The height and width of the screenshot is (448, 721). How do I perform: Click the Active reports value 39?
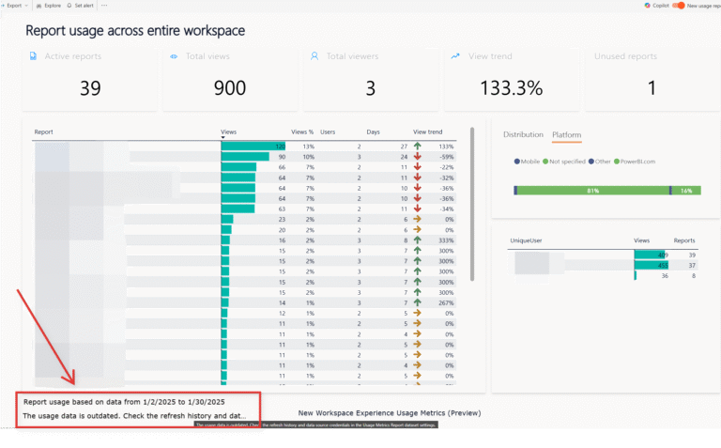coord(90,87)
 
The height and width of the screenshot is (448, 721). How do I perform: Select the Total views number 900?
coord(230,87)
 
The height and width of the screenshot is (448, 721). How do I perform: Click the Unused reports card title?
coord(625,56)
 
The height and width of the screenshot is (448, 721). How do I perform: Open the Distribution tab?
coord(523,134)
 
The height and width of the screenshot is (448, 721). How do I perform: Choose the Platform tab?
coord(566,134)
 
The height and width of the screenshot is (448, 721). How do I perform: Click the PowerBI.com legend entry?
coord(637,162)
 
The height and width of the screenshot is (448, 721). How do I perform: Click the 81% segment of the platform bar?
coord(591,191)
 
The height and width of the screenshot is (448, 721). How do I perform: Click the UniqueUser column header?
coord(526,240)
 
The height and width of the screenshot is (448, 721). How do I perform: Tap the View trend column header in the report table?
coord(427,132)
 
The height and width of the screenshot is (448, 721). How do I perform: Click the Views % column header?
coord(302,132)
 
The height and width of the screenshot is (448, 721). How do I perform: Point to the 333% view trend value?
coord(444,240)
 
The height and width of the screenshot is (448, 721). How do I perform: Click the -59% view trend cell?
coord(445,157)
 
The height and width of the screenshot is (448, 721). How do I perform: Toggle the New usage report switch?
coord(679,6)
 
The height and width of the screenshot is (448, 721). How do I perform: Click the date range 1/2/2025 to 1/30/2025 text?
coord(172,401)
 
